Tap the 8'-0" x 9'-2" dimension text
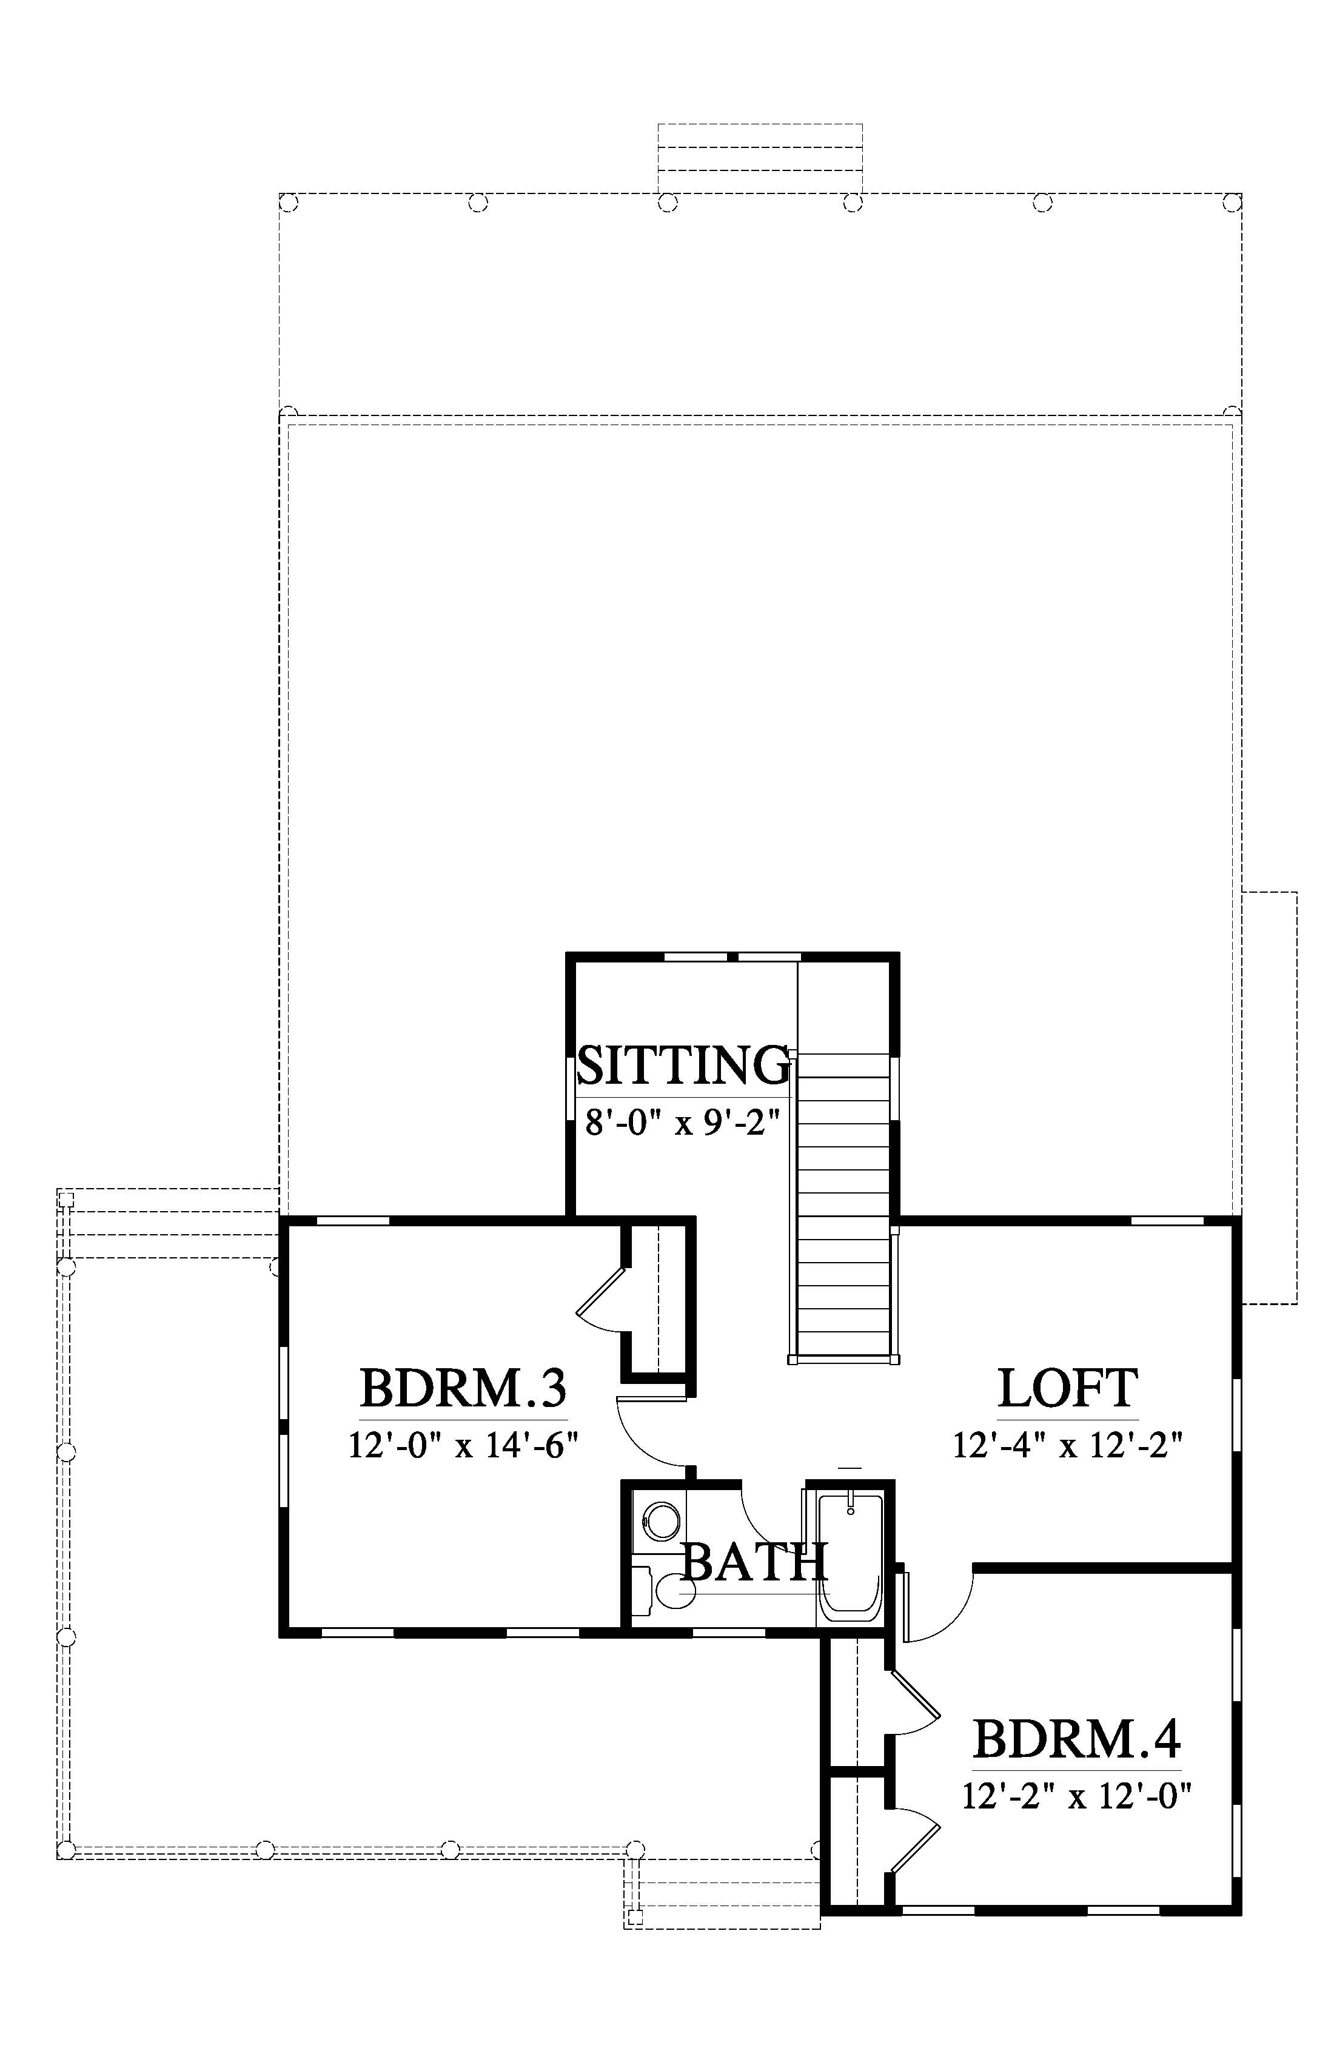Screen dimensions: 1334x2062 (683, 1124)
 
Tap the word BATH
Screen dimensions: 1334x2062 (754, 1562)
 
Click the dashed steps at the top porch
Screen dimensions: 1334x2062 (760, 158)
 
